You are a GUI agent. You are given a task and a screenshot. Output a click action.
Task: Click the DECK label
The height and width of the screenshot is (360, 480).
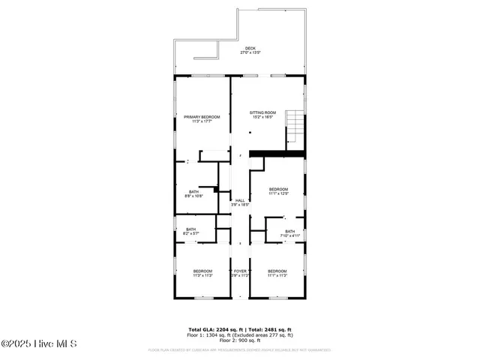[250, 49]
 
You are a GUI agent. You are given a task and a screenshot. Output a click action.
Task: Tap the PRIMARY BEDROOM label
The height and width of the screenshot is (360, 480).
[201, 116]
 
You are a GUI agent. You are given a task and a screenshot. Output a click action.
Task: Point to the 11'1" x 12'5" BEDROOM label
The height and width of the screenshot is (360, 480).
[279, 189]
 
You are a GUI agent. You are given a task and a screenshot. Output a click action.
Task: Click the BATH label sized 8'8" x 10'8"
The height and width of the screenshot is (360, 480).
[193, 192]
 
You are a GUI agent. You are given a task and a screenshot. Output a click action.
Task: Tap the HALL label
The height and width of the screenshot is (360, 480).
[240, 201]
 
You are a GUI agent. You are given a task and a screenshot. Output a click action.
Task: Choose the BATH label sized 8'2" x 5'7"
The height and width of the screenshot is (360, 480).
[190, 229]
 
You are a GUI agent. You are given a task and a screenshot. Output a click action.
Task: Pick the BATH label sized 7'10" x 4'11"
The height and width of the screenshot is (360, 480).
[289, 232]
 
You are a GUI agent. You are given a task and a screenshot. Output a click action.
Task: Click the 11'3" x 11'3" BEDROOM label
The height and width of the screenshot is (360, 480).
[202, 271]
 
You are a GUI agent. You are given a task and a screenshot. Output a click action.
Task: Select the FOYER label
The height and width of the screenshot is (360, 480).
[240, 271]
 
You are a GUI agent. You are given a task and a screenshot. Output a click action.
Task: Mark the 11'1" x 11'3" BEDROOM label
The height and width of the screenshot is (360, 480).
[277, 271]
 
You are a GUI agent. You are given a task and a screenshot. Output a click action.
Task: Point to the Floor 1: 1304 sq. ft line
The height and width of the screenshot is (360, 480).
[240, 334]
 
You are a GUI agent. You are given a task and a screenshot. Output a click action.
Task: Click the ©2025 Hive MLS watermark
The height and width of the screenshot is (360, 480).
[38, 344]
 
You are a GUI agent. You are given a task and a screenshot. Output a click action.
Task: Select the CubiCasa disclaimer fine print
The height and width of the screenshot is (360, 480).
[240, 349]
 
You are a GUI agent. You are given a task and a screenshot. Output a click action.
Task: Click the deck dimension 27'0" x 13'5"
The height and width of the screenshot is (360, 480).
[250, 53]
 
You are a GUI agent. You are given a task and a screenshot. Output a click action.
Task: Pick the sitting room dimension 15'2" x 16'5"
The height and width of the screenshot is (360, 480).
[262, 117]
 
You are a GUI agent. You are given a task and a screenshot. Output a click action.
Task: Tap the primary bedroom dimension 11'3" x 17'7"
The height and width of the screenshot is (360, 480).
[201, 121]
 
